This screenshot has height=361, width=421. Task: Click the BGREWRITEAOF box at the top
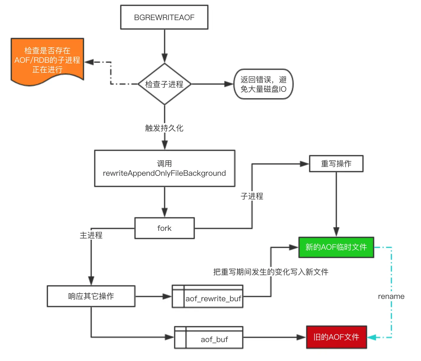point(164,17)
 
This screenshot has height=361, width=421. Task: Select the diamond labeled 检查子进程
point(164,84)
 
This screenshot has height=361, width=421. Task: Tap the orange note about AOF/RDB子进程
point(47,60)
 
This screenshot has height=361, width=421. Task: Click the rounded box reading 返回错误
point(263,84)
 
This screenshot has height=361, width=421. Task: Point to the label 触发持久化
point(164,128)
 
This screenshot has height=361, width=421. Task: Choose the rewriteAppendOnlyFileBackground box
point(164,168)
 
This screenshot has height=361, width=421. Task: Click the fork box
point(164,228)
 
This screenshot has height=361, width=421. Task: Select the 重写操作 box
point(336,164)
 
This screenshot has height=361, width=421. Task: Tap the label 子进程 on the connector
point(252,196)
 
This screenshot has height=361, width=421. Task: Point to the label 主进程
point(91,235)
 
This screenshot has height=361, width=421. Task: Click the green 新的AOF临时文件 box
point(336,247)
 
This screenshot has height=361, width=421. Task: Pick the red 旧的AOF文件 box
point(336,337)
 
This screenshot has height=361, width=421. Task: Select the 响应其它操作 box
point(91,296)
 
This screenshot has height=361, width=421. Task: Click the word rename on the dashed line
point(391,296)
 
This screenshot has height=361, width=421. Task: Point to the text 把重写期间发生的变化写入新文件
point(271,272)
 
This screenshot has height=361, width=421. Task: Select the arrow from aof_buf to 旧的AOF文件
point(274,337)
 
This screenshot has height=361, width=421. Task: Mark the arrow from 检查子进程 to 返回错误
point(212,84)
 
